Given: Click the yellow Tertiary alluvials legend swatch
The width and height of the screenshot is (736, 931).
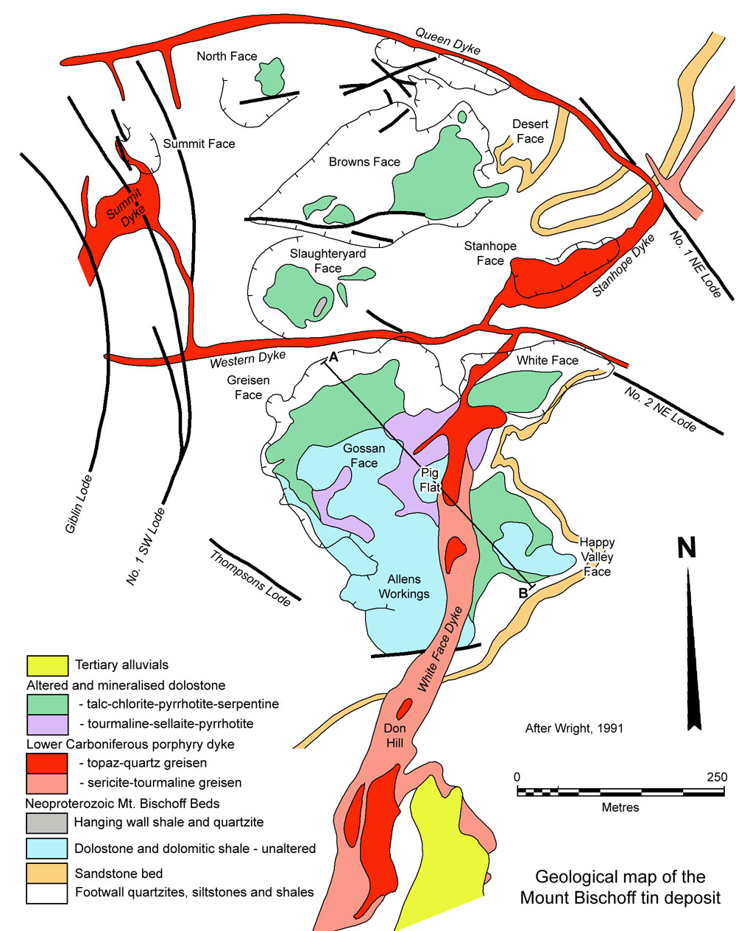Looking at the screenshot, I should [47, 665].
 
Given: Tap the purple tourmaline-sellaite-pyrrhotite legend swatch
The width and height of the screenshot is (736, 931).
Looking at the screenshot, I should [47, 724].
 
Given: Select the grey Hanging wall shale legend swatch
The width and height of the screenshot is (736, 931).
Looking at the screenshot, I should [47, 822].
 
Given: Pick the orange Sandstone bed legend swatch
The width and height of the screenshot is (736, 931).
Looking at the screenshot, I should [47, 874].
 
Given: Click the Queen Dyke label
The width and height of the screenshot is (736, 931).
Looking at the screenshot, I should [447, 41].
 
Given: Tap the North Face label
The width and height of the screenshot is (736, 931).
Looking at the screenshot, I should [227, 56].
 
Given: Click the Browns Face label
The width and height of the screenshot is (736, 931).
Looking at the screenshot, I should [364, 162].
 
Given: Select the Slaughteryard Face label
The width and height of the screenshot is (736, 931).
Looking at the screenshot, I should [328, 261].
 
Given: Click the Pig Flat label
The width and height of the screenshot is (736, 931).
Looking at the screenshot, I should [429, 480].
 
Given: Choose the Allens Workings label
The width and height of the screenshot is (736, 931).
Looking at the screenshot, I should [403, 587].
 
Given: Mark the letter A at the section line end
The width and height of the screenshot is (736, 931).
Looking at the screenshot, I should [333, 358].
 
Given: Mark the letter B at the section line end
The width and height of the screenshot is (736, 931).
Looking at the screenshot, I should [524, 592].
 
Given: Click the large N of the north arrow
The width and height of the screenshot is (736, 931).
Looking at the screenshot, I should [686, 549].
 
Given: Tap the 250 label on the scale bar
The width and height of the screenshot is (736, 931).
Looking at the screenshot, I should [716, 777].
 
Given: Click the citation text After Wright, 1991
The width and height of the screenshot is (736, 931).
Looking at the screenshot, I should [574, 729].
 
